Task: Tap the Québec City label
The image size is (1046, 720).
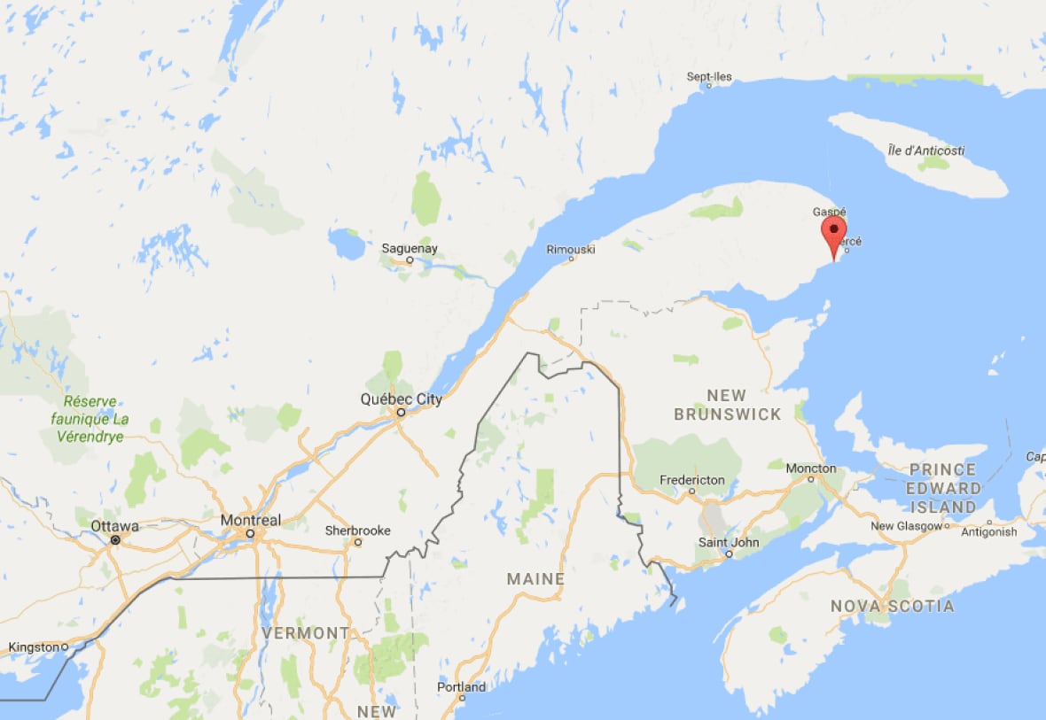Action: [401, 399]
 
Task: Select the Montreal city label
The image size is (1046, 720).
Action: [250, 520]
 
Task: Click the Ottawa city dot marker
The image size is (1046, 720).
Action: [115, 539]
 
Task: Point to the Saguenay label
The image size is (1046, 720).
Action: [409, 249]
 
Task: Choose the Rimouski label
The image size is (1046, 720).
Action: [571, 250]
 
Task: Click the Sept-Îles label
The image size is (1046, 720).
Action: [709, 77]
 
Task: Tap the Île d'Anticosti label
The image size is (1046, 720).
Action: [925, 151]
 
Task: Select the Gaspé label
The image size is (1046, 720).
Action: [830, 213]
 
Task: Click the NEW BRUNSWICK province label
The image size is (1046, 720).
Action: [727, 405]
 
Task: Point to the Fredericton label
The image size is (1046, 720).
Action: [692, 480]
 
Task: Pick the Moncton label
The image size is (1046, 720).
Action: [810, 468]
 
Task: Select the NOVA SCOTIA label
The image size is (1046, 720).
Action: [892, 607]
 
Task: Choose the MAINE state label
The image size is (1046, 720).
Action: [535, 579]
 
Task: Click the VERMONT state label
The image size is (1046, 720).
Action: [306, 633]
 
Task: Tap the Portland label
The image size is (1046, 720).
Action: [462, 687]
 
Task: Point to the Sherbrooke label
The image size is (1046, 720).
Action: [357, 530]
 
